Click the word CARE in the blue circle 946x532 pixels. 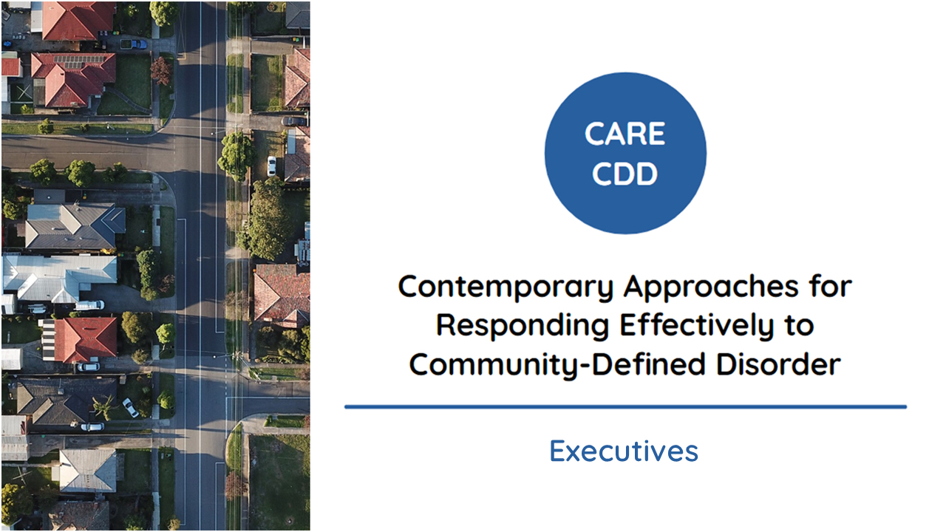click(x=625, y=134)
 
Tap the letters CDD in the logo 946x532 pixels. click(x=625, y=174)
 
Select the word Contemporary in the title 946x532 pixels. click(x=506, y=288)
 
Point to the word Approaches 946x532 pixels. click(x=711, y=288)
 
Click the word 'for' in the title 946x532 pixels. click(x=831, y=286)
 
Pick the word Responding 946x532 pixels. click(x=523, y=327)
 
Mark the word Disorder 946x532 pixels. click(x=779, y=364)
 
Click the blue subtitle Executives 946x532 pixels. click(x=624, y=451)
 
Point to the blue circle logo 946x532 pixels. click(x=625, y=153)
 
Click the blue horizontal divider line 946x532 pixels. click(x=625, y=407)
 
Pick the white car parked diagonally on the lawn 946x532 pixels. click(x=131, y=407)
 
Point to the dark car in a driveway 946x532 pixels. click(x=293, y=121)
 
